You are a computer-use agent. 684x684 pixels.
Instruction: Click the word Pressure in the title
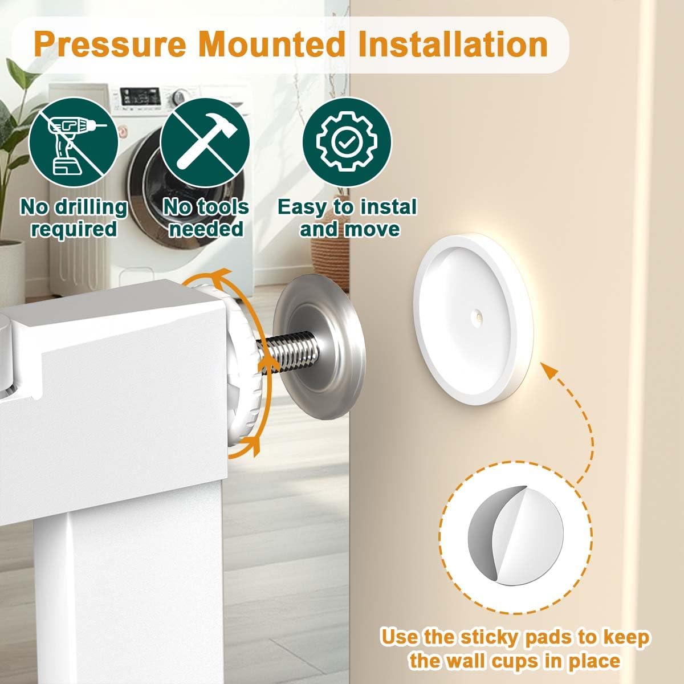coord(110,45)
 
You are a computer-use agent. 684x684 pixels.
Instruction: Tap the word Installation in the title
coord(453,45)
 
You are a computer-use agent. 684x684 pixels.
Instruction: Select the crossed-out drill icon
coord(74,142)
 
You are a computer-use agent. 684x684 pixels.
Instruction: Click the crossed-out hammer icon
coord(205,142)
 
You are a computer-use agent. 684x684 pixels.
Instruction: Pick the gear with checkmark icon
coord(347,142)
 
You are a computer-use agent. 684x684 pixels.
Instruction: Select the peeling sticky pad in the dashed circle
coord(515,535)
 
